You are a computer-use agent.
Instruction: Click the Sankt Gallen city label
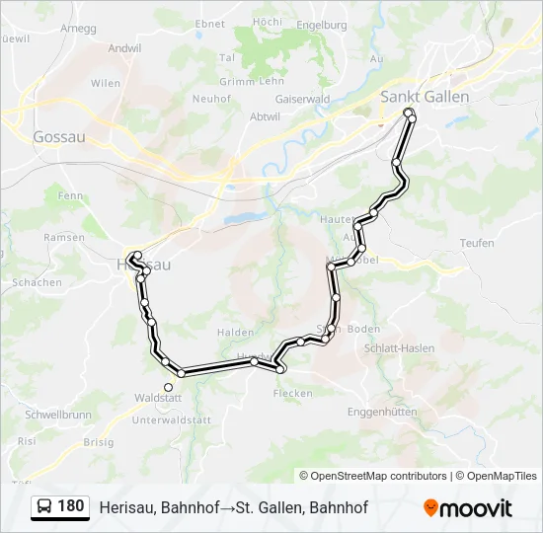[x=425, y=97]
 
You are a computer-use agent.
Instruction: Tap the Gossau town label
[x=58, y=137]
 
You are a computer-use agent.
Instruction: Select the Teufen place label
[x=477, y=243]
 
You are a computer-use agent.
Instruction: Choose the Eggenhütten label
[x=383, y=412]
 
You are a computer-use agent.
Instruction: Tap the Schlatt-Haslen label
[x=400, y=348]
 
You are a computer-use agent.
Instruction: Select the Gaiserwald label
[x=302, y=99]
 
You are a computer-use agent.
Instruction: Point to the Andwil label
[x=125, y=47]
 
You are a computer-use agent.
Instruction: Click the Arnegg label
[x=78, y=29]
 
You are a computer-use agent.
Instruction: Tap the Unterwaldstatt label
[x=173, y=419]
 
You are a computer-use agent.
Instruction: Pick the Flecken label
[x=293, y=393]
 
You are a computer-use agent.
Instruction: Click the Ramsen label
[x=65, y=238]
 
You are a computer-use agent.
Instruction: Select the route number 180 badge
[x=70, y=506]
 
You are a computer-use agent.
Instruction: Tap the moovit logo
[x=468, y=508]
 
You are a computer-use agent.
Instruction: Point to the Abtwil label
[x=266, y=116]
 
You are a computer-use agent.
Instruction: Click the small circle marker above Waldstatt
[x=168, y=387]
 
